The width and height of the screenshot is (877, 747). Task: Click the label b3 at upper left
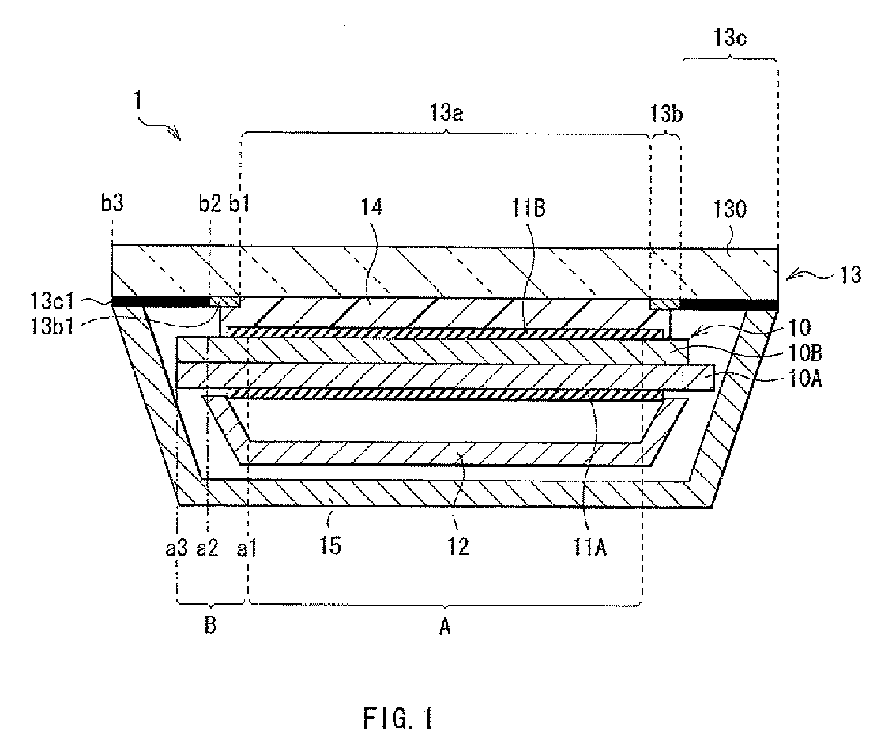click(x=113, y=210)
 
